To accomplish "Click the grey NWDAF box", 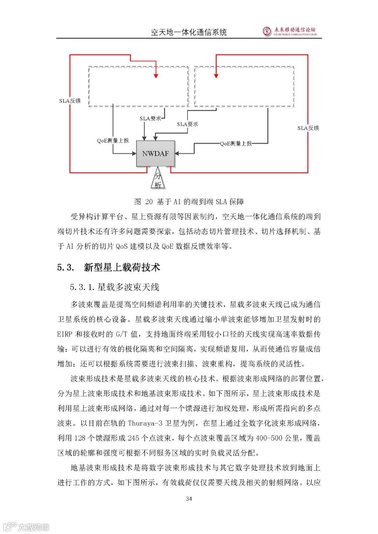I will (x=155, y=154).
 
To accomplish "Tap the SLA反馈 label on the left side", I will (x=70, y=101).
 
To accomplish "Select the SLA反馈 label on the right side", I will (x=308, y=128).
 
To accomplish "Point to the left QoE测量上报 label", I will (x=113, y=141).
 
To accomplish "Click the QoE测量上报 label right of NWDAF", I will (x=236, y=143).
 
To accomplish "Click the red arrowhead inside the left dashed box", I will (x=156, y=76).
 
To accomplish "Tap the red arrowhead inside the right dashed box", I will (x=216, y=76).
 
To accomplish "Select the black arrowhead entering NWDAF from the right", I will (x=177, y=154).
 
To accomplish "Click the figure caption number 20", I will (x=149, y=202).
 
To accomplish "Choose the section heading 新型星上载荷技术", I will (x=122, y=268).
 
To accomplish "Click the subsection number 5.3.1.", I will (x=82, y=287).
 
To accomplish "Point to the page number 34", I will (x=189, y=499).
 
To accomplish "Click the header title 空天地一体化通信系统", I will (x=189, y=33).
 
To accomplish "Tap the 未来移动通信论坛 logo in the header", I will (x=290, y=31).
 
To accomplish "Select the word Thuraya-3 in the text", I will (x=145, y=423).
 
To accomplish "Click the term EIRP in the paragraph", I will (x=65, y=334).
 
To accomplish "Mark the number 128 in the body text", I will (x=80, y=438).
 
